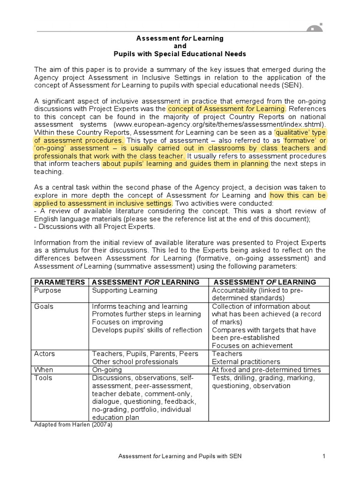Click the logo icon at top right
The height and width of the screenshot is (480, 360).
315,29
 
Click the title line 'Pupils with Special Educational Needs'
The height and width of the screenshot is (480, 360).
180,54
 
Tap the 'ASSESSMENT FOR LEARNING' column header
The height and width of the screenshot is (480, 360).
146,282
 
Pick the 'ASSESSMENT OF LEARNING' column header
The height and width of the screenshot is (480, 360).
265,282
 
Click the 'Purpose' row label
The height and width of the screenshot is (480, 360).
47,291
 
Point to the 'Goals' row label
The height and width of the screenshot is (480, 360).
44,307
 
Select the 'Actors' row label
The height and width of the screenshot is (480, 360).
45,354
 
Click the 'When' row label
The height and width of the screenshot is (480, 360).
44,370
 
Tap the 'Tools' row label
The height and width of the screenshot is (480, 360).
43,378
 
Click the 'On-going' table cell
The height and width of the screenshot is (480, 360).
107,370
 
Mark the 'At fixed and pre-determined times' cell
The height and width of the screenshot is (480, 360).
266,370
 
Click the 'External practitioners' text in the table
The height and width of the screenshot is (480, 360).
246,362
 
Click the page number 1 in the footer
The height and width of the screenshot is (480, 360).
324,456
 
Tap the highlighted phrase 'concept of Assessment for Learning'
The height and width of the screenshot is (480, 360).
226,108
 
